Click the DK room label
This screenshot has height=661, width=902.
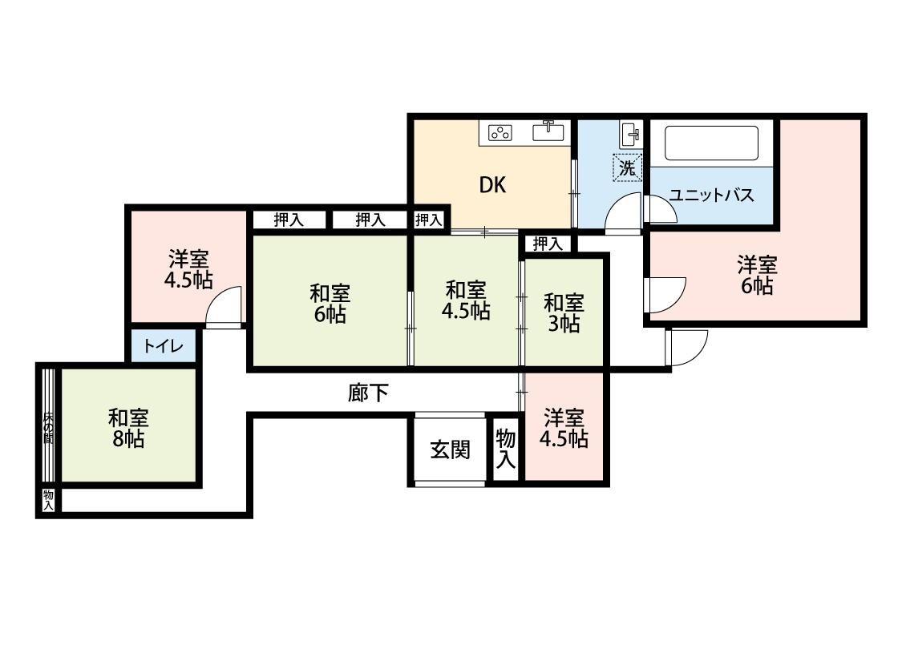pyautogui.click(x=493, y=185)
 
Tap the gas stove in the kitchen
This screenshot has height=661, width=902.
pyautogui.click(x=500, y=133)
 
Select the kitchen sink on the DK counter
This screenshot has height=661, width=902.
pyautogui.click(x=548, y=131)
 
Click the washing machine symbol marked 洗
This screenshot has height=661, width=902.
pyautogui.click(x=627, y=167)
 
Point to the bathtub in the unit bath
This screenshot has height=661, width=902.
pyautogui.click(x=711, y=143)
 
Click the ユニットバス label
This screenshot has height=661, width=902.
pyautogui.click(x=711, y=195)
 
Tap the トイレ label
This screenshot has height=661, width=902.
pyautogui.click(x=164, y=346)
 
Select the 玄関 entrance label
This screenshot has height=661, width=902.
pyautogui.click(x=450, y=449)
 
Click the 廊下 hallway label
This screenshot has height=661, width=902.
pyautogui.click(x=368, y=393)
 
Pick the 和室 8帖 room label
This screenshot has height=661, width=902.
pyautogui.click(x=128, y=428)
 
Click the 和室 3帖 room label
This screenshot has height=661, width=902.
pyautogui.click(x=564, y=313)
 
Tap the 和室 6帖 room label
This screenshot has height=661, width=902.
pyautogui.click(x=330, y=304)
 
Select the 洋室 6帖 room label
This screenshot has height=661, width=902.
pyautogui.click(x=757, y=276)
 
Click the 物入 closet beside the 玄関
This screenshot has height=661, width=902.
pyautogui.click(x=506, y=449)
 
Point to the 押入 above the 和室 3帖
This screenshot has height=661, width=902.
pyautogui.click(x=547, y=244)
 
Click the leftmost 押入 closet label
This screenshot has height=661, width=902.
pyautogui.click(x=288, y=220)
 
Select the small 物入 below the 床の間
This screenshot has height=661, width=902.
pyautogui.click(x=48, y=500)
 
